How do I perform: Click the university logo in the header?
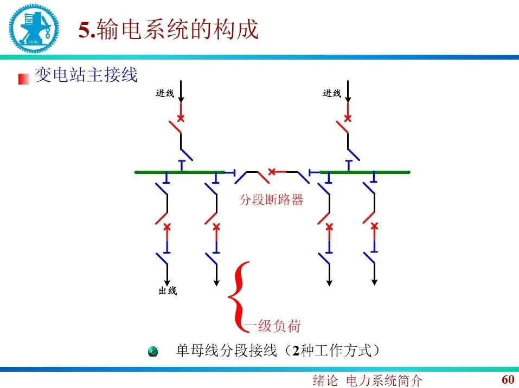click(32, 27)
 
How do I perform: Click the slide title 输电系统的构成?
click(169, 30)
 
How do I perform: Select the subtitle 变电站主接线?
click(86, 75)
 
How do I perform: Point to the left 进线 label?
click(165, 93)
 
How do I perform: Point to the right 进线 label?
click(332, 93)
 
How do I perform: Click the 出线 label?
click(168, 291)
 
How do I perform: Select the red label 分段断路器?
click(271, 199)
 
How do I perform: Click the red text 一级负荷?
click(273, 326)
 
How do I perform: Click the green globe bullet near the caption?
click(153, 352)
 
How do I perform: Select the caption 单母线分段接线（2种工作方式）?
click(277, 351)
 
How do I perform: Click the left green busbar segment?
click(179, 172)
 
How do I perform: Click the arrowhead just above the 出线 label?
click(167, 281)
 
